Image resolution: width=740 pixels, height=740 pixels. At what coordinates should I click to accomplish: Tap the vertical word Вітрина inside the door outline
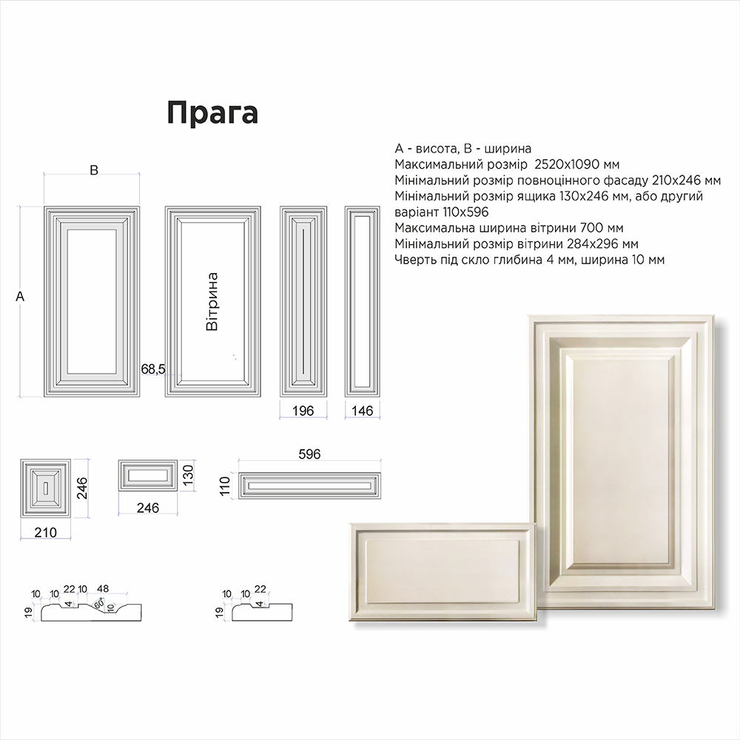pyautogui.click(x=212, y=301)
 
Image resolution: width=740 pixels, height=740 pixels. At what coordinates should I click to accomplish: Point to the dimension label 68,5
pyautogui.click(x=153, y=369)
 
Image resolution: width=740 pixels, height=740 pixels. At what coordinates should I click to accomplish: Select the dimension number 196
pyautogui.click(x=303, y=411)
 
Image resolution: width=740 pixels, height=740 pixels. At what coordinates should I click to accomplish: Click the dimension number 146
pyautogui.click(x=363, y=411)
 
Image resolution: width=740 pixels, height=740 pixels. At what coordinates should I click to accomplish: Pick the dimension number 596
pyautogui.click(x=309, y=454)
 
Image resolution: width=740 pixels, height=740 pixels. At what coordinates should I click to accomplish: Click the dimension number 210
pyautogui.click(x=46, y=532)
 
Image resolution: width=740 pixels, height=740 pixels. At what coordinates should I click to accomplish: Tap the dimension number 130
pyautogui.click(x=188, y=476)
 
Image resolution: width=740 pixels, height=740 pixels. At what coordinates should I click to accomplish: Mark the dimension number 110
pyautogui.click(x=225, y=486)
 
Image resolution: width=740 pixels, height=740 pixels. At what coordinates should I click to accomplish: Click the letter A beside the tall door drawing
pyautogui.click(x=20, y=297)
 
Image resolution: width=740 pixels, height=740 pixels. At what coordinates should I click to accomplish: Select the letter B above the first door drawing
pyautogui.click(x=94, y=170)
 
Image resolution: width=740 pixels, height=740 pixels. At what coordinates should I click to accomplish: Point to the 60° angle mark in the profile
pyautogui.click(x=98, y=604)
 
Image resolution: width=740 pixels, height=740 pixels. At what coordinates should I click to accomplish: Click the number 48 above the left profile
pyautogui.click(x=102, y=588)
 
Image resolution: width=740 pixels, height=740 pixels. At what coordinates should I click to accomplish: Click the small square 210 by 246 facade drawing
pyautogui.click(x=46, y=488)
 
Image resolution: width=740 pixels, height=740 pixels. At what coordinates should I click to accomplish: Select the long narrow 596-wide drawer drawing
pyautogui.click(x=309, y=485)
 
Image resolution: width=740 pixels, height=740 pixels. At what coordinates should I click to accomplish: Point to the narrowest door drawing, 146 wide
pyautogui.click(x=363, y=301)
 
